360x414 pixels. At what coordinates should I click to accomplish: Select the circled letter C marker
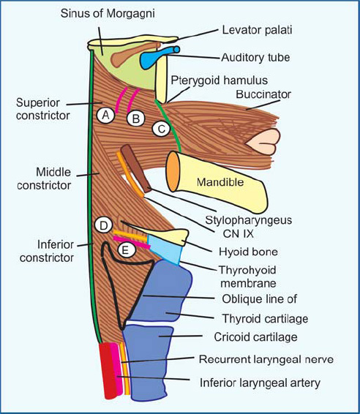pos(161,129)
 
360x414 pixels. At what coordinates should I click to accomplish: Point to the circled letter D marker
pos(104,224)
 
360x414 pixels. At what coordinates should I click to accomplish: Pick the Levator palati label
pos(254,30)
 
